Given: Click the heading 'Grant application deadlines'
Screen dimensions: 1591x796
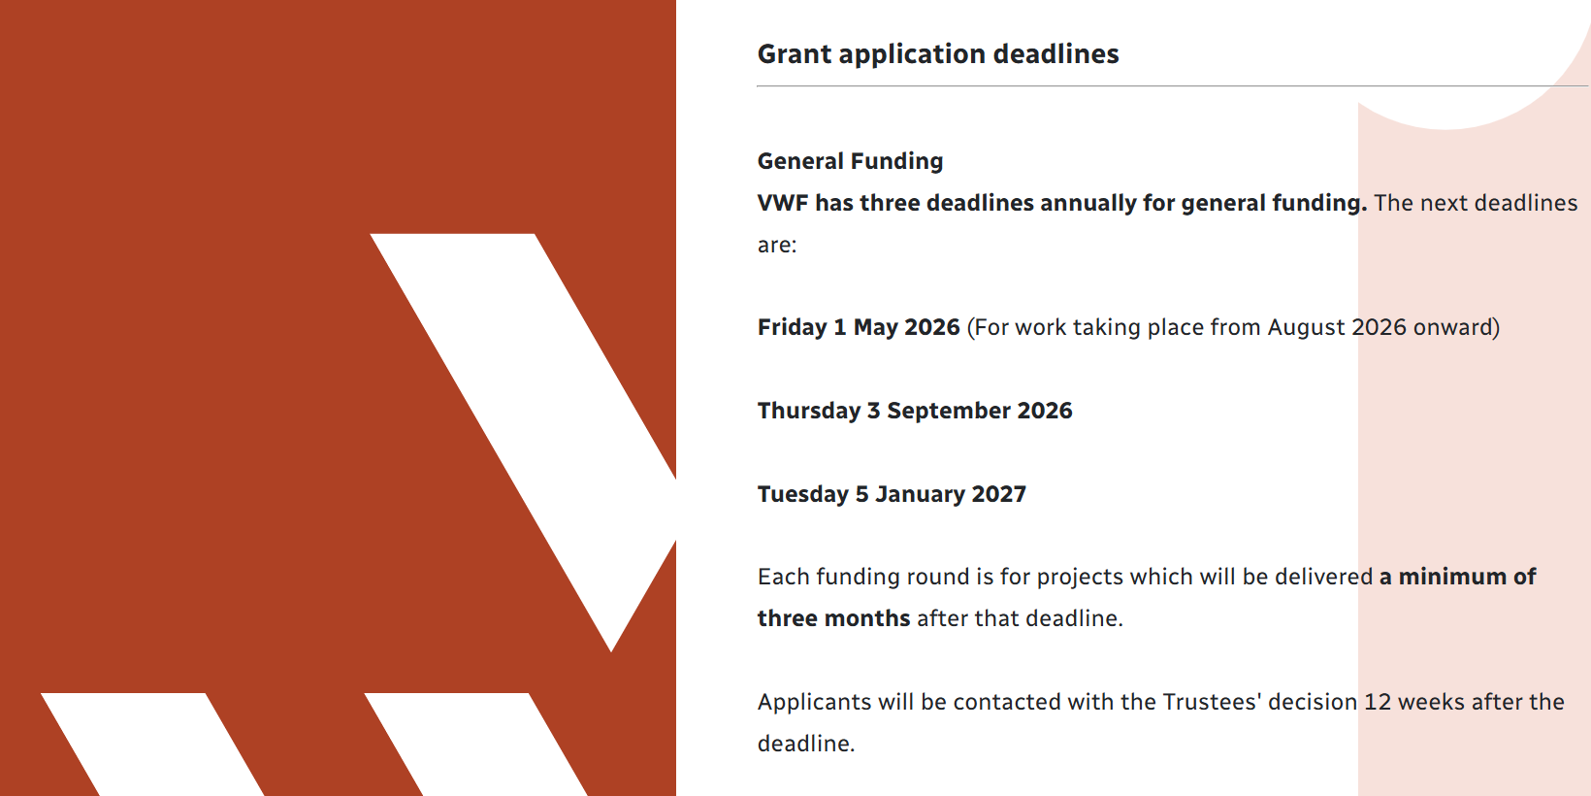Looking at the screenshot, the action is tap(937, 54).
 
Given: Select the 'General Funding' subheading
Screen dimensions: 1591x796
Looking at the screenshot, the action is tap(850, 161).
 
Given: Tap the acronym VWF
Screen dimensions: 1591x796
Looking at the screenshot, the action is tap(783, 203).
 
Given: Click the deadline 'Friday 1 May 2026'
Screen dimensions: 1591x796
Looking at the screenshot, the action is tap(859, 327).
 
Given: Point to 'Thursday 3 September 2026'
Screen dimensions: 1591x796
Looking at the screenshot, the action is tap(915, 411).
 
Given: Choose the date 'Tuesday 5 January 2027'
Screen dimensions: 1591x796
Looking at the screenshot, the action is tap(892, 494).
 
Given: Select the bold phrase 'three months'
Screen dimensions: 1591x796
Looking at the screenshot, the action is tap(834, 618).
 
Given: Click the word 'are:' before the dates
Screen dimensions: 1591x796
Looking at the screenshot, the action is tap(777, 246).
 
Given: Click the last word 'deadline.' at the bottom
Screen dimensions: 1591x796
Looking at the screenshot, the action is tap(806, 744).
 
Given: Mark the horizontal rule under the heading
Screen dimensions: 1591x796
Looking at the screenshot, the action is tap(1172, 86).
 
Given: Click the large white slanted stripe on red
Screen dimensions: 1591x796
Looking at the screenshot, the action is tap(524, 441).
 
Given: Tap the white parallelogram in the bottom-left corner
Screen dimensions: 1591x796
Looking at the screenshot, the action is tap(152, 745).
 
